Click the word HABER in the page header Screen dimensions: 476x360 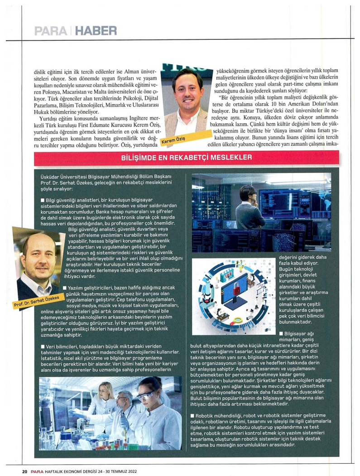[x=96, y=31]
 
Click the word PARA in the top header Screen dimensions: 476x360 [x=52, y=31]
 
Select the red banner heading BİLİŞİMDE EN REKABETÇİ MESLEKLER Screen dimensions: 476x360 [x=180, y=159]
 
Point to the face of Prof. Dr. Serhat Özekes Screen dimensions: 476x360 [x=38, y=260]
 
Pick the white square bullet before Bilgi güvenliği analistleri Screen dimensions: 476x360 [x=43, y=200]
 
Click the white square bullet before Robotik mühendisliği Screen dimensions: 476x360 [x=193, y=415]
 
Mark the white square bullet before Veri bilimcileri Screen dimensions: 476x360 [x=43, y=346]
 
